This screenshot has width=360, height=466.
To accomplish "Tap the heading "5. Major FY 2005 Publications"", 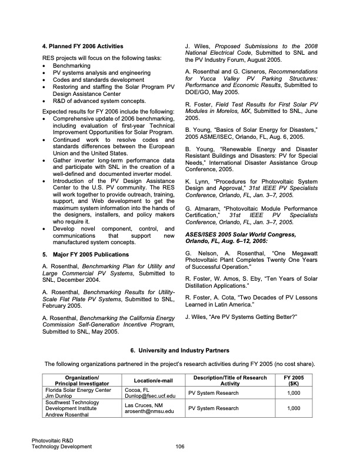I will click(86, 255).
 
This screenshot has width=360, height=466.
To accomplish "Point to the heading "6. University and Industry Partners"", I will click(180, 351).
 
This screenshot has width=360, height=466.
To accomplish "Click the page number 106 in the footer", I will click(181, 446).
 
